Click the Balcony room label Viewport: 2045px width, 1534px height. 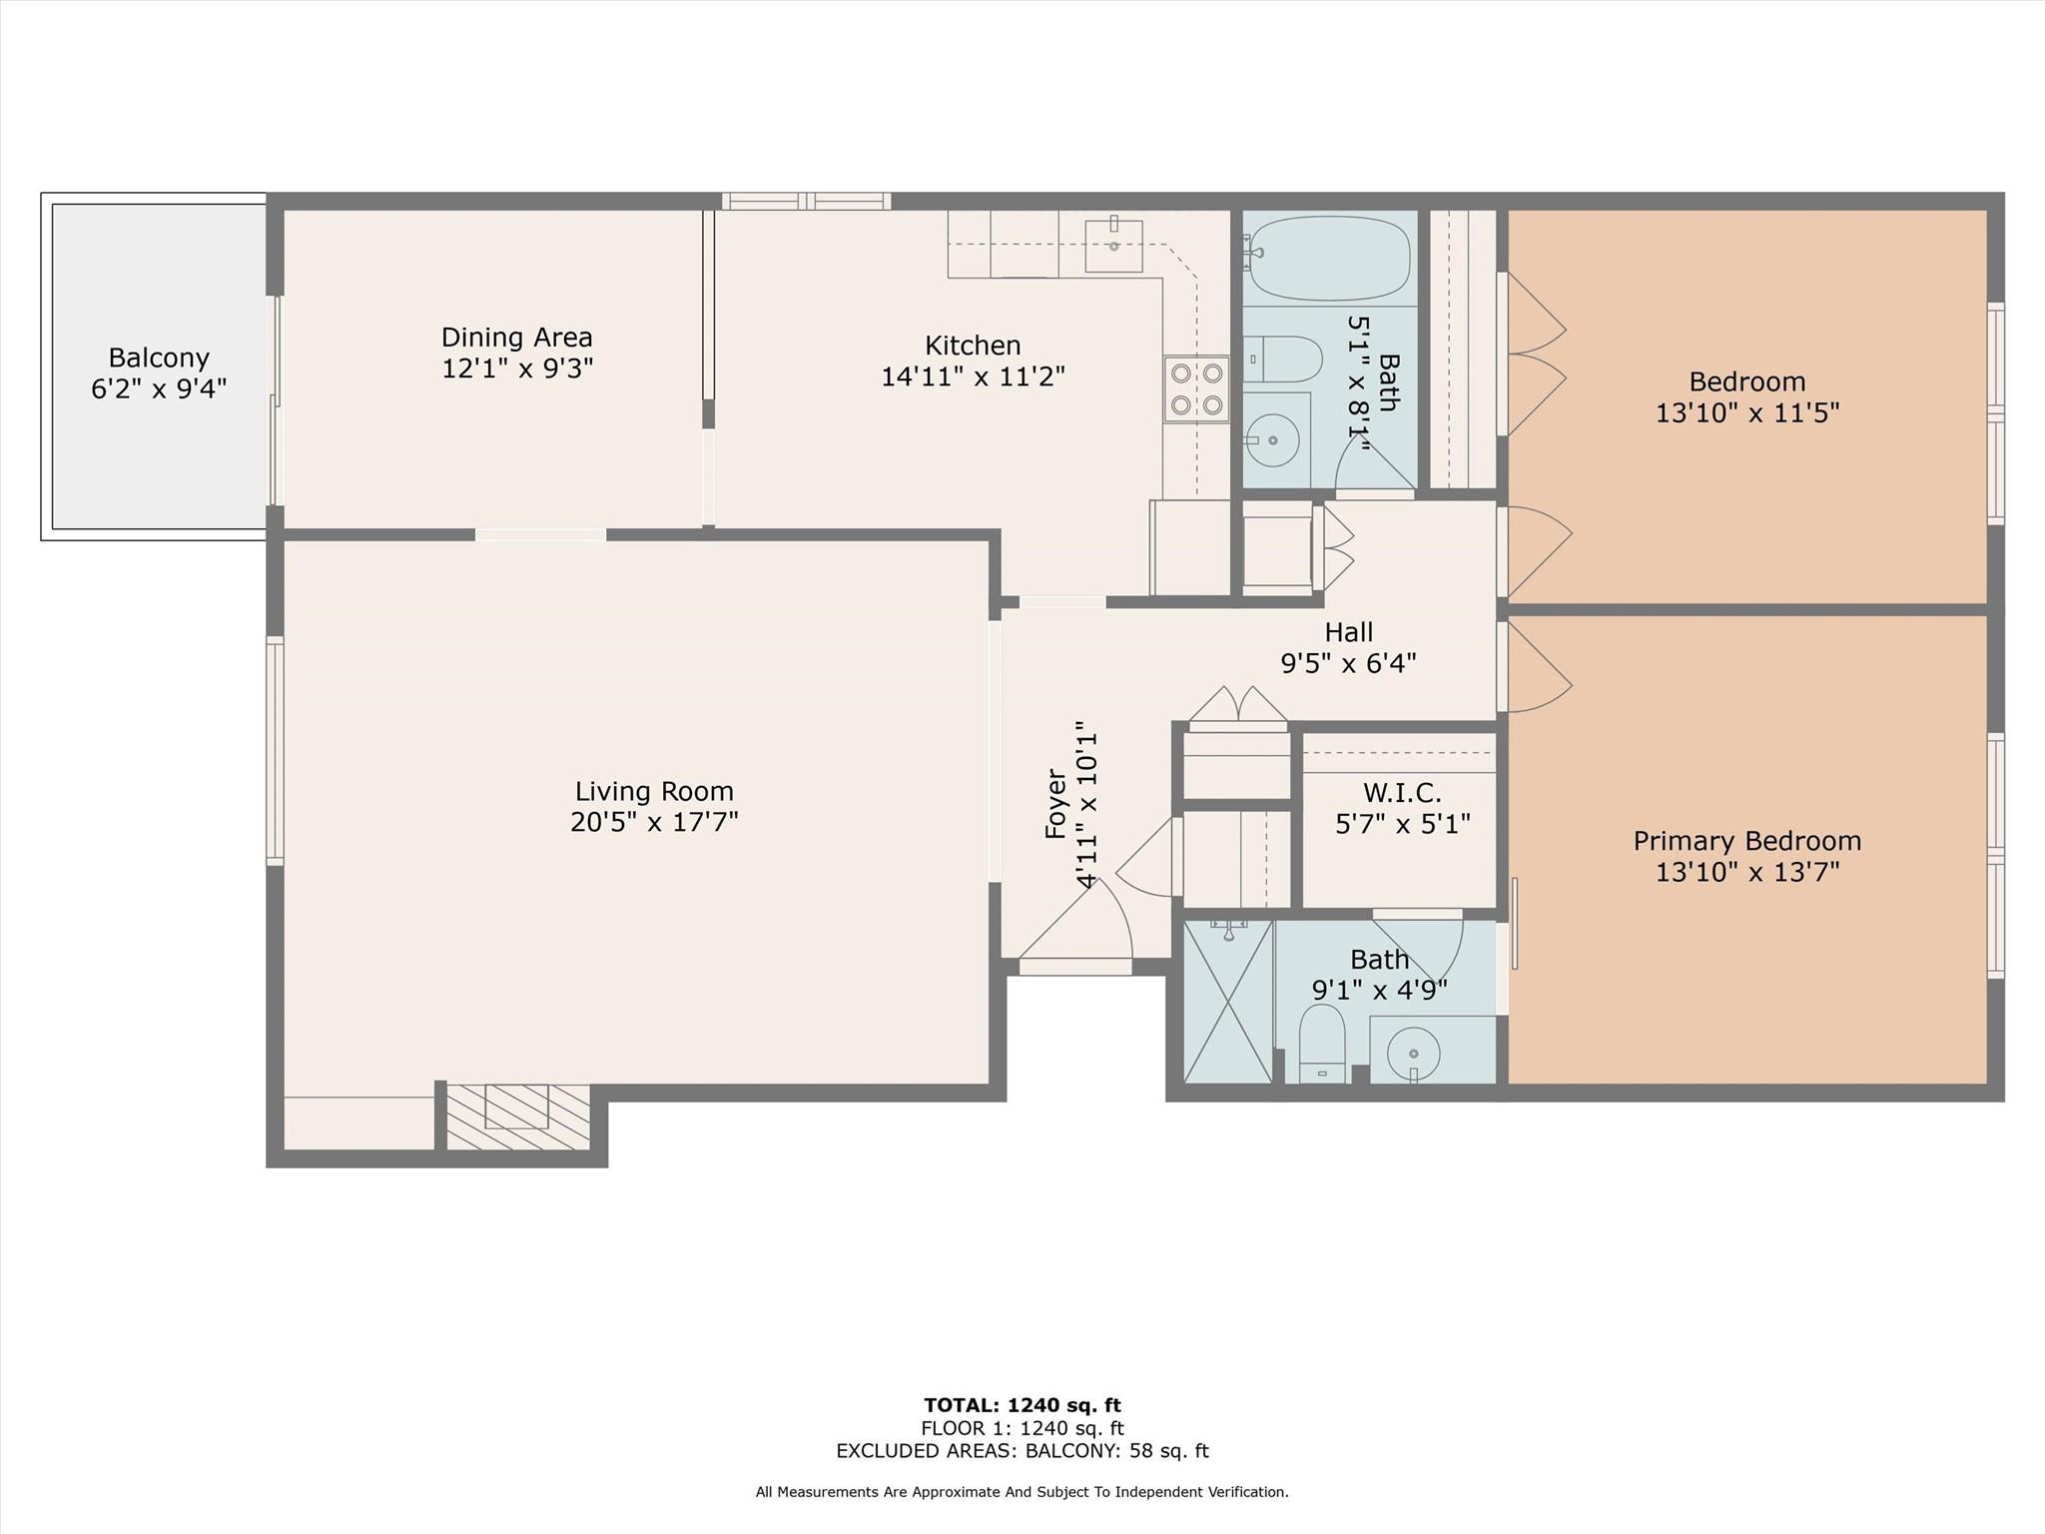point(159,358)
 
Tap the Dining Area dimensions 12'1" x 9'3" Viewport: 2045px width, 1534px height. point(517,369)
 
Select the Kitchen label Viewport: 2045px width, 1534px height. point(973,346)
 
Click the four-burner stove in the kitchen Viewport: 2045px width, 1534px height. point(1196,388)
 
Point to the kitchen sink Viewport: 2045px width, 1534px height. point(1113,245)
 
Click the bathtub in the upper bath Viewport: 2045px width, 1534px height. point(1329,258)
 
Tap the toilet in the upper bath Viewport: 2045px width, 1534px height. point(1282,360)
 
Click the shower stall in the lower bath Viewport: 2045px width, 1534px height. point(1228,1001)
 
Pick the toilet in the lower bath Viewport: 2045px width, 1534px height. point(1323,1043)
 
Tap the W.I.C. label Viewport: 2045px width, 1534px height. point(1402,793)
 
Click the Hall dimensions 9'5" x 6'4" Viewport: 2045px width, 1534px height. point(1349,663)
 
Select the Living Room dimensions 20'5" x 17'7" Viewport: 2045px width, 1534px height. point(654,822)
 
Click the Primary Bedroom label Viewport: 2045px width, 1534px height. point(1747,842)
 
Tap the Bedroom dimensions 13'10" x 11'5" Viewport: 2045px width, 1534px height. point(1747,412)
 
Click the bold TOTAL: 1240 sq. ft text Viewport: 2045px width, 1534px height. point(1022,1406)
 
